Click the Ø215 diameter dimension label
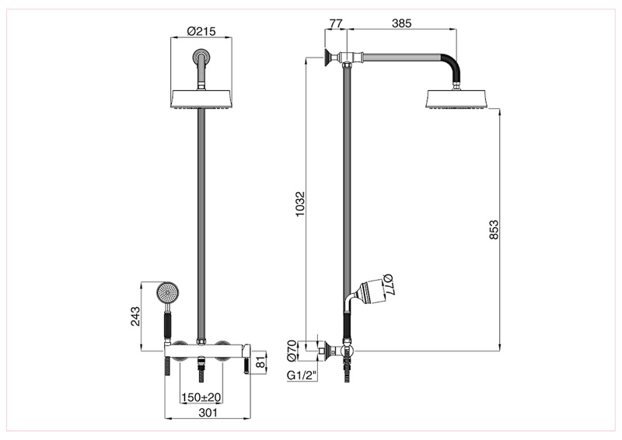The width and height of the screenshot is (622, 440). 202,33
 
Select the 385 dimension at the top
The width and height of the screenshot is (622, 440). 401,24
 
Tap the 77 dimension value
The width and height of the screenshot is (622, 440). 335,24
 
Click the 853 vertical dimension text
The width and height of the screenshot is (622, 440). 493,231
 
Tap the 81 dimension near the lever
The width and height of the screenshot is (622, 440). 262,361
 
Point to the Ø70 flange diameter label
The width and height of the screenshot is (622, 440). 292,351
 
